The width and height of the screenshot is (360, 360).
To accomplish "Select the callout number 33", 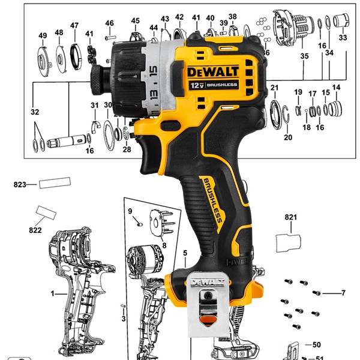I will tap(343, 37).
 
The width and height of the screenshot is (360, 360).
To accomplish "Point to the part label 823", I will tap(20, 185).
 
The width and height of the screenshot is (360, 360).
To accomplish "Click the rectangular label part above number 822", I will tap(46, 212).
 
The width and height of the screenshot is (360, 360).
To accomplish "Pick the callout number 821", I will tap(291, 217).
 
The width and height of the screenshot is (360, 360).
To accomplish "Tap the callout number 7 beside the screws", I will tap(344, 293).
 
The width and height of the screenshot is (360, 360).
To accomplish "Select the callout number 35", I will tap(304, 56).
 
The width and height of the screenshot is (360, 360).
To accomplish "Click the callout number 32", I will tap(35, 112).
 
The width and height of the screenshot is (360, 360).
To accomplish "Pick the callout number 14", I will tap(336, 88).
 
